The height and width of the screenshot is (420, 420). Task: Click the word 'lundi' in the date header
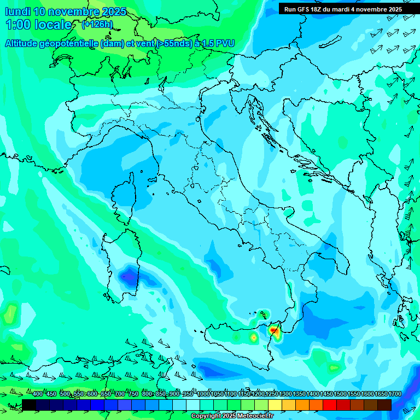click(x=18, y=11)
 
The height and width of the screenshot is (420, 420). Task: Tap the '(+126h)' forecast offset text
click(x=97, y=24)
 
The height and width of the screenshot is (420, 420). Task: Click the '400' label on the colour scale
click(x=38, y=394)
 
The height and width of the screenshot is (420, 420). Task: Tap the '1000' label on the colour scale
click(x=203, y=394)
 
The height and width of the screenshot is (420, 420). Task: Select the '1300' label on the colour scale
click(x=285, y=394)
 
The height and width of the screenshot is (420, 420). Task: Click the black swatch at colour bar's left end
click(x=29, y=405)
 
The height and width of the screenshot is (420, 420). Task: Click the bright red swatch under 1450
click(x=330, y=405)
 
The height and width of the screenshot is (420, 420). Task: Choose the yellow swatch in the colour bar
click(x=275, y=405)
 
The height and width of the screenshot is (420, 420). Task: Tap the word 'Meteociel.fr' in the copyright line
click(x=254, y=416)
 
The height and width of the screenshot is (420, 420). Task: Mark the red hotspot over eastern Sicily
click(x=273, y=330)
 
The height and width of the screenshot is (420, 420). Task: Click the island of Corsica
click(x=124, y=197)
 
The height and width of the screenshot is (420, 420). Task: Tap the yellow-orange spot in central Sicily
click(x=253, y=339)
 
